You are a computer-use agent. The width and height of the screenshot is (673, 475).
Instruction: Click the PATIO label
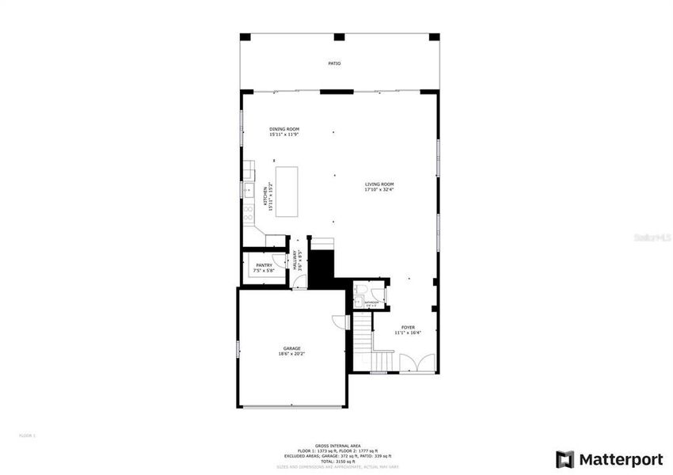click(335, 63)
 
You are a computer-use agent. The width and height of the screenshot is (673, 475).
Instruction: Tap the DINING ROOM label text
click(284, 129)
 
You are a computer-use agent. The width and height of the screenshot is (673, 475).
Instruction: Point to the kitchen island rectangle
click(288, 191)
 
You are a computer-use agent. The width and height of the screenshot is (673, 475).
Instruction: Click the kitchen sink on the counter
click(248, 191)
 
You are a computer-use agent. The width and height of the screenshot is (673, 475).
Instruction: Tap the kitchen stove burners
click(248, 213)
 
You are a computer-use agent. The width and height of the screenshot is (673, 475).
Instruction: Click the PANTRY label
click(264, 265)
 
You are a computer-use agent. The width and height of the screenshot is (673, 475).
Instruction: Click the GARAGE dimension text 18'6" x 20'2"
click(292, 354)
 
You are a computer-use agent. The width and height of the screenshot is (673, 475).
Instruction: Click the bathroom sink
click(358, 302)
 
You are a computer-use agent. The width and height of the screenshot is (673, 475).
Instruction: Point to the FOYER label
click(408, 327)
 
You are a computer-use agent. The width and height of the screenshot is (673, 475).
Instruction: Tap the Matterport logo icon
click(565, 459)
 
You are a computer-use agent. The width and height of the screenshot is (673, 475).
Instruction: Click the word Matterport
click(620, 459)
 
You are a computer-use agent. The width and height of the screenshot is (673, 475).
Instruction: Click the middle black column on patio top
click(339, 36)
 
